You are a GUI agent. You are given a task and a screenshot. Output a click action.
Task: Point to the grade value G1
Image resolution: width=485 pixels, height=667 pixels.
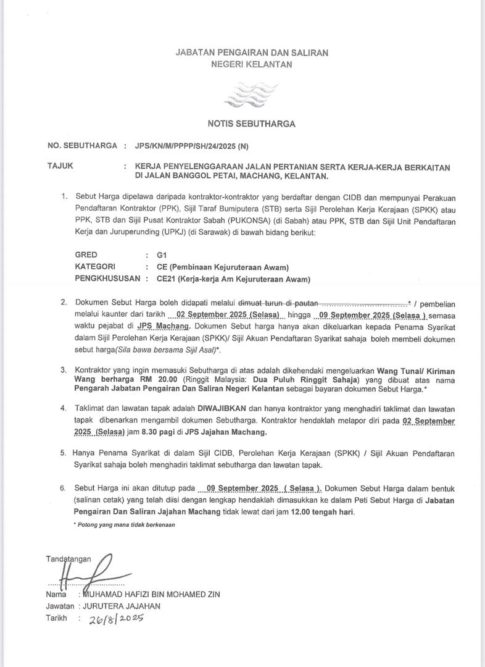tap(162, 254)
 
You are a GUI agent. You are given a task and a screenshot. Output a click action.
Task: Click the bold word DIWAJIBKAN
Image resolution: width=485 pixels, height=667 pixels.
tap(222, 409)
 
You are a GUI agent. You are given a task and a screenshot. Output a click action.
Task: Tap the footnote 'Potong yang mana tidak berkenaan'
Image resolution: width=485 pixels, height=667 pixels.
tap(124, 524)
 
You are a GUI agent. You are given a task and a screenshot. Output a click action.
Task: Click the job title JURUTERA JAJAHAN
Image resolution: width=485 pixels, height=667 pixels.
tap(112, 606)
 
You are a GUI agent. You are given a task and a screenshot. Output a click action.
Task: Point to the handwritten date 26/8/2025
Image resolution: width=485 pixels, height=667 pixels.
tap(115, 618)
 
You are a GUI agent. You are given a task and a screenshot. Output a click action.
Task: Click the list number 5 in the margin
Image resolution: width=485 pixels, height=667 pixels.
tap(63, 453)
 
